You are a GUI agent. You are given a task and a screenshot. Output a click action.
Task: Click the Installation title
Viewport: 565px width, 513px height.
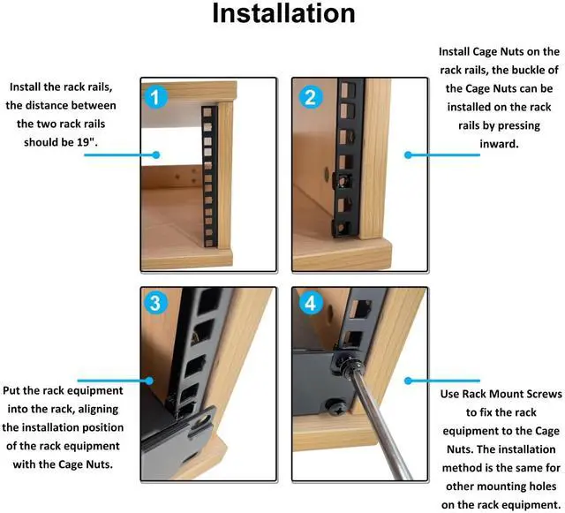(283, 13)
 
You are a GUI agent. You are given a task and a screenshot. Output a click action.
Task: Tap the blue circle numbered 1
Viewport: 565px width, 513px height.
(155, 97)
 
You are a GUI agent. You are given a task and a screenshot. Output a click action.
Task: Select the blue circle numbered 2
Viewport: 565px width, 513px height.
(310, 97)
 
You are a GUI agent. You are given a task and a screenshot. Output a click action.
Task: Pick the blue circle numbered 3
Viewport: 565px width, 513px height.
(155, 303)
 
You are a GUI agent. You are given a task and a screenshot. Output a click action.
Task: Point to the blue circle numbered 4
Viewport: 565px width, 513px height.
(310, 303)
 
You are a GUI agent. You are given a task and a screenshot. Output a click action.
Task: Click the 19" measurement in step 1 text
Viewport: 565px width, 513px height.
(87, 141)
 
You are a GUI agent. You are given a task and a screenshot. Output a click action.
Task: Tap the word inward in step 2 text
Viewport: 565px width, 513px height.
(499, 144)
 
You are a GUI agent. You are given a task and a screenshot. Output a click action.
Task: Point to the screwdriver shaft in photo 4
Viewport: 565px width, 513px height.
(382, 426)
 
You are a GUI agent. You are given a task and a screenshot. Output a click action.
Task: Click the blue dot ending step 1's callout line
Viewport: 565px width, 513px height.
(155, 155)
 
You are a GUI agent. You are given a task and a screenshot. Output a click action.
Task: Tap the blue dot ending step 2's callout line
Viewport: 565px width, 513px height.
(408, 155)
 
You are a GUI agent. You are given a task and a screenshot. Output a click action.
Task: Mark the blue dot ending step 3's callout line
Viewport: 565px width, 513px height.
(149, 381)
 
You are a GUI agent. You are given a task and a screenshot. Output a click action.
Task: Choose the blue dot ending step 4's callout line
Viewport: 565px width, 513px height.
(408, 381)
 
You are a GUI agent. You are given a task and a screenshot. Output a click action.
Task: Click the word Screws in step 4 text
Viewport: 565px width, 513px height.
(541, 394)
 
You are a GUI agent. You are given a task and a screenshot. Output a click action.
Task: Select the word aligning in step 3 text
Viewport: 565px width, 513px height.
(98, 409)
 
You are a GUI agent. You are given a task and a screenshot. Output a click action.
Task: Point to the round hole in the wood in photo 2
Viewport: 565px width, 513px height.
(328, 174)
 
